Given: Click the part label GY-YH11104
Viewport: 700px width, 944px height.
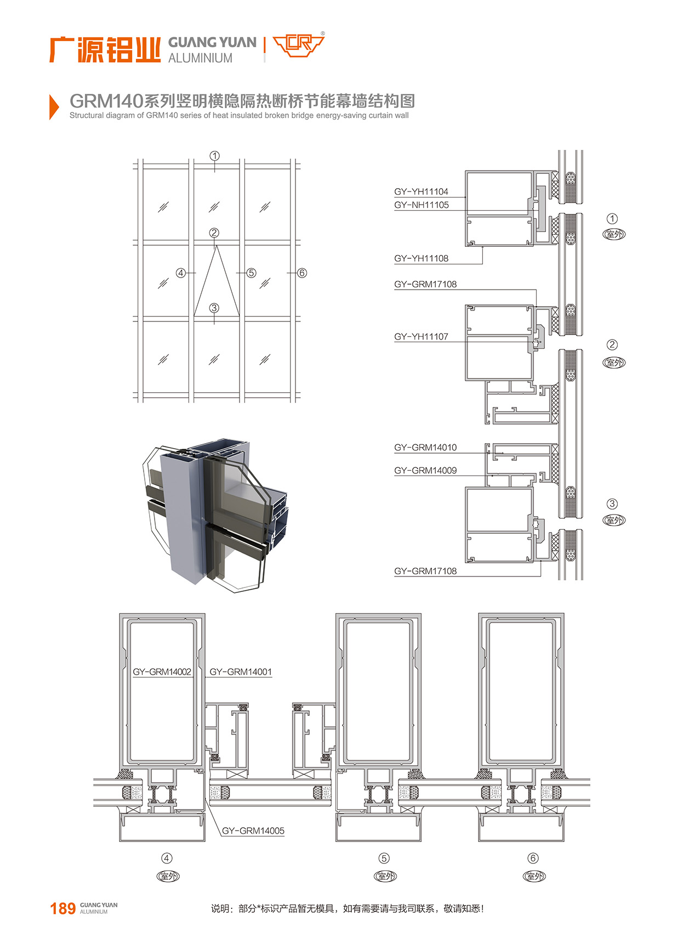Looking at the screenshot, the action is pos(421,191).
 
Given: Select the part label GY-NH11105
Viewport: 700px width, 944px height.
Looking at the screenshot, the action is pos(421,205).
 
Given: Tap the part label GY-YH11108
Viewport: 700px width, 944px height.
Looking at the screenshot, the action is pos(421,258).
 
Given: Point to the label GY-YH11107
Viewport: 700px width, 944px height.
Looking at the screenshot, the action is pos(421,337).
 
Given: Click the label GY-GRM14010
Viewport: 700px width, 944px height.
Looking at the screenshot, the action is pos(425,448).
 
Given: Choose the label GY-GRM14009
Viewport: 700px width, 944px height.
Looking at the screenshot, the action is pos(425,471).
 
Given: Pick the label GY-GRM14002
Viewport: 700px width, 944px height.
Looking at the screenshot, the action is pos(162,672).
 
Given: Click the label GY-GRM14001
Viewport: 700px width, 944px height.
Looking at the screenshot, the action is pos(241,672).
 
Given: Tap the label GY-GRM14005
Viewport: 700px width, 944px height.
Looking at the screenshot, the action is pos(253,831).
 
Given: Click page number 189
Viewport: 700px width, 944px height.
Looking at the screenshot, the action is pos(62,909).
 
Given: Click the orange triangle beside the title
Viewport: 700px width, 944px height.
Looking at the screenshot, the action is pos(54,107).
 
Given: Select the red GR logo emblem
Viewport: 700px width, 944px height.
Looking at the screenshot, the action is pos(299,45).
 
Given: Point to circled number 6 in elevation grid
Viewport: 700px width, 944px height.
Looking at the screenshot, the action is pos(302,273).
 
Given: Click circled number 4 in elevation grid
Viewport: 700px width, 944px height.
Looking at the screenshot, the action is pos(181,273).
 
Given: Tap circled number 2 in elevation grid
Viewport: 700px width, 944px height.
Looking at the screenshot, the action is pos(214,233).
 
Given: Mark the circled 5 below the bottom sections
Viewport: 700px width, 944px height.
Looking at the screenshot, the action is pos(384,858).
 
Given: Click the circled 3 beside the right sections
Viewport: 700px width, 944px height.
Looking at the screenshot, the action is pos(612,504).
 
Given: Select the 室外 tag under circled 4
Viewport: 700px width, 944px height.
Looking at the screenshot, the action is pos(168,876).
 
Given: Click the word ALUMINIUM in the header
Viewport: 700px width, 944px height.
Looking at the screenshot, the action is pos(200,58).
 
